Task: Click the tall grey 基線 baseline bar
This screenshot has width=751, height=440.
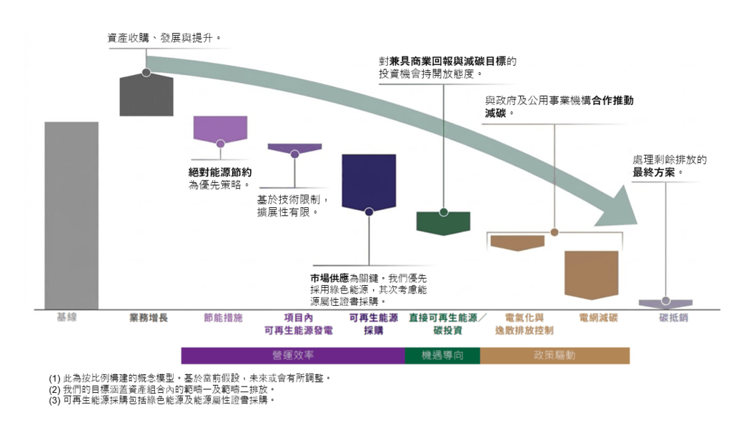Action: [x=71, y=216]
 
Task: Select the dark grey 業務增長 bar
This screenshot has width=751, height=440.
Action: [x=146, y=95]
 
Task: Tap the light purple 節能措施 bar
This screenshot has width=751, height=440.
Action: [x=220, y=129]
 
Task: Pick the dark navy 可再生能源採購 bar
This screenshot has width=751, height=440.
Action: [x=369, y=182]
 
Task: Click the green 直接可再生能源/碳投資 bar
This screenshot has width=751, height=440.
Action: [x=444, y=223]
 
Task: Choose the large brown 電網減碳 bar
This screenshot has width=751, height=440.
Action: [x=592, y=275]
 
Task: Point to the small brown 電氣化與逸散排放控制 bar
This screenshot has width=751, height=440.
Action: [x=518, y=243]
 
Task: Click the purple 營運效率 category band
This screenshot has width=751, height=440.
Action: [x=293, y=356]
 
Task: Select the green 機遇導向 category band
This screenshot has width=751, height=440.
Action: [x=442, y=356]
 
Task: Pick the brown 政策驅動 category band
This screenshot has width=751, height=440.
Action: [x=555, y=356]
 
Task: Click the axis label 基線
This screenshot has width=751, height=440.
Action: [x=66, y=317]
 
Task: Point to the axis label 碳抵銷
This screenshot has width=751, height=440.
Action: [x=673, y=317]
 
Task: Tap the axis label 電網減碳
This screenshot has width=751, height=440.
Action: [x=599, y=317]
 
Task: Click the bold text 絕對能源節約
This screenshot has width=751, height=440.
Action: [x=220, y=172]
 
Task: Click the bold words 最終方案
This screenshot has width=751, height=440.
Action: [x=654, y=172]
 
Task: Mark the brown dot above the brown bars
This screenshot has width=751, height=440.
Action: [x=554, y=232]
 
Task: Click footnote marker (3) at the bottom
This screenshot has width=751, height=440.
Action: [x=54, y=401]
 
